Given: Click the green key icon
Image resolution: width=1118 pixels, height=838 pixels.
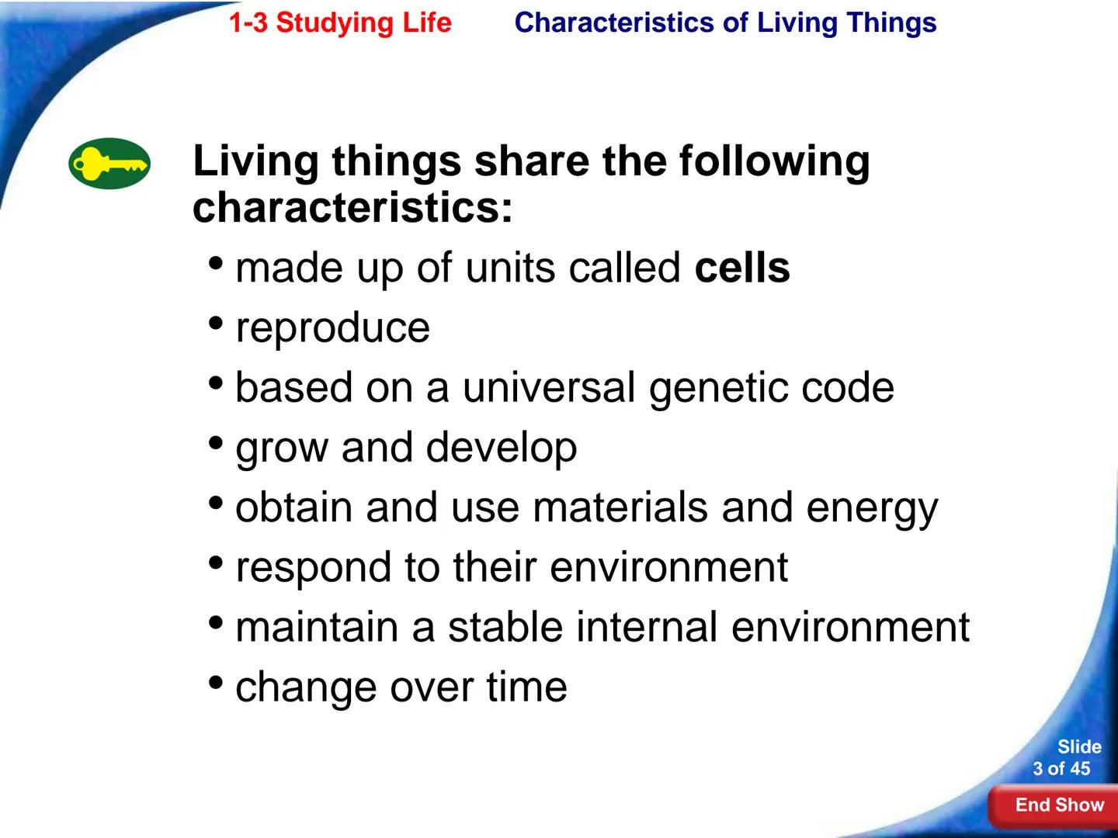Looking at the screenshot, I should tap(109, 164).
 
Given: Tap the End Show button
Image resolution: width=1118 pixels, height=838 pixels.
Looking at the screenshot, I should tap(1059, 805).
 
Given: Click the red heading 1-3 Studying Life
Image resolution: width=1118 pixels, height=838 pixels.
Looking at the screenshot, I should tap(339, 23).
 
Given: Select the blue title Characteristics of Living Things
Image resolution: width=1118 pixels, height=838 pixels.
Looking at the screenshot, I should tap(725, 23).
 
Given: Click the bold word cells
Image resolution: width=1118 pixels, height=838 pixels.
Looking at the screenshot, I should tap(742, 268).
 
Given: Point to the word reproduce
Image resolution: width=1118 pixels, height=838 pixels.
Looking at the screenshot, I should tap(332, 328).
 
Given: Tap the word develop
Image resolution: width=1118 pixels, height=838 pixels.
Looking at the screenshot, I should tap(501, 448).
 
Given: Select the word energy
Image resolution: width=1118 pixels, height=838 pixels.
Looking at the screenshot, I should tap(872, 509).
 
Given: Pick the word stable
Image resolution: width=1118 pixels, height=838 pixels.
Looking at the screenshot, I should tap(505, 627).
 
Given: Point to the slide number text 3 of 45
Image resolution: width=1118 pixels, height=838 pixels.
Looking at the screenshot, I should tap(1061, 769).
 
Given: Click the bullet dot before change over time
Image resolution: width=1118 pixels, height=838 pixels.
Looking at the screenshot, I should tap(217, 684).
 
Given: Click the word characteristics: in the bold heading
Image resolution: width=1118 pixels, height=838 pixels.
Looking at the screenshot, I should tap(352, 208).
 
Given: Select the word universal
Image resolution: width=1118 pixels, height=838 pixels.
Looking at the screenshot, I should tap(549, 388).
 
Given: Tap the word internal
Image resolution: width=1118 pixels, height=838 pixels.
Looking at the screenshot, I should tap(647, 627).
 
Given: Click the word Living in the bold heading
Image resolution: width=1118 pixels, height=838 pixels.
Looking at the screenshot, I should tap(255, 161).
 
